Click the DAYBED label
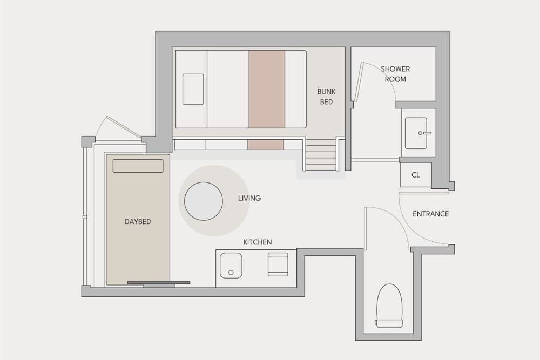[x=138, y=222]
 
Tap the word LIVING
[x=249, y=198]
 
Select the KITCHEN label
[x=258, y=242]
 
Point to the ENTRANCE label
[x=430, y=214]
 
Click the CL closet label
[x=416, y=175]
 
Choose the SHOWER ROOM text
[x=395, y=74]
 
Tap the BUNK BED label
[x=326, y=97]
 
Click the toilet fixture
[x=389, y=305]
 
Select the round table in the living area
[x=204, y=201]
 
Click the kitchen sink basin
[x=231, y=266]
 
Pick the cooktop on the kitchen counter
[x=278, y=264]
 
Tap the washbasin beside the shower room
[x=416, y=133]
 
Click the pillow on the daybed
[x=138, y=166]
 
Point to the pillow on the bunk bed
[x=193, y=89]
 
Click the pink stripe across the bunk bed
[x=267, y=90]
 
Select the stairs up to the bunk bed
[x=321, y=154]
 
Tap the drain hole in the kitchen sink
[x=231, y=273]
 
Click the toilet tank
[x=389, y=323]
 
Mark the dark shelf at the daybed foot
[x=159, y=283]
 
